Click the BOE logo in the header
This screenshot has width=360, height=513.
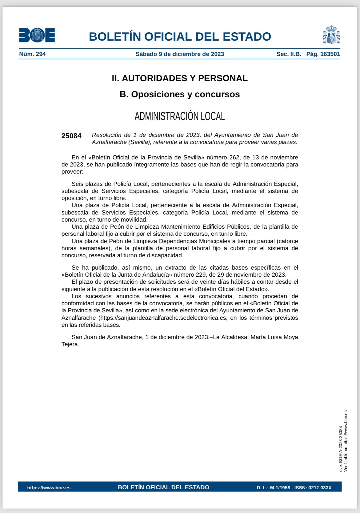[x=37, y=35]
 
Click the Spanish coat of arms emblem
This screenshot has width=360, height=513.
[x=331, y=35]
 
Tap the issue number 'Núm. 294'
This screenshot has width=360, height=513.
[x=32, y=54]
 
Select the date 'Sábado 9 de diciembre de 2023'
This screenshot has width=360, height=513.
[x=180, y=54]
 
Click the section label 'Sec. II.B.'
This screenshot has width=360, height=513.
[x=289, y=54]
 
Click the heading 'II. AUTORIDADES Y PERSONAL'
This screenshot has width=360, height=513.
[x=180, y=78]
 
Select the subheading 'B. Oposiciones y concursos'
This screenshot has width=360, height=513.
[x=180, y=94]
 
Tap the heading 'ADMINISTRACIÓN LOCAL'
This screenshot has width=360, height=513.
[x=180, y=116]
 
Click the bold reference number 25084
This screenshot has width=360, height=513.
[x=71, y=136]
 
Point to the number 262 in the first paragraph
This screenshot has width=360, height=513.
[x=234, y=158]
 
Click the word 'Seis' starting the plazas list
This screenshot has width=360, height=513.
[x=77, y=184]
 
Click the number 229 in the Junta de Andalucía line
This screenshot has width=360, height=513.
[x=201, y=275]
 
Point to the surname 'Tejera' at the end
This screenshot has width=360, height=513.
[x=70, y=344]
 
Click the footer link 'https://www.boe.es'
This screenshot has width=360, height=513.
[x=49, y=487]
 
